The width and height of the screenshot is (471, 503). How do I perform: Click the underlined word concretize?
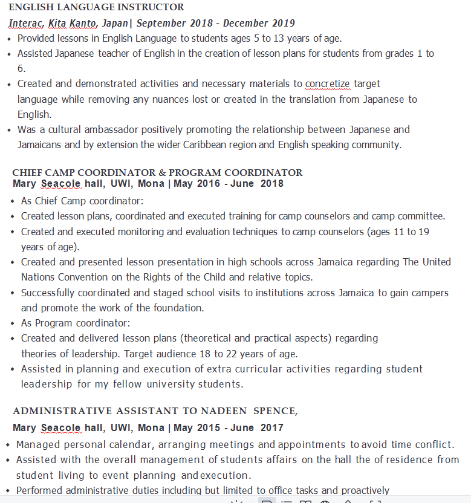(327, 83)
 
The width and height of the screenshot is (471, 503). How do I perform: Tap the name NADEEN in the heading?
(224, 411)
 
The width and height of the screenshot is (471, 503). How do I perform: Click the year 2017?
(271, 427)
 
